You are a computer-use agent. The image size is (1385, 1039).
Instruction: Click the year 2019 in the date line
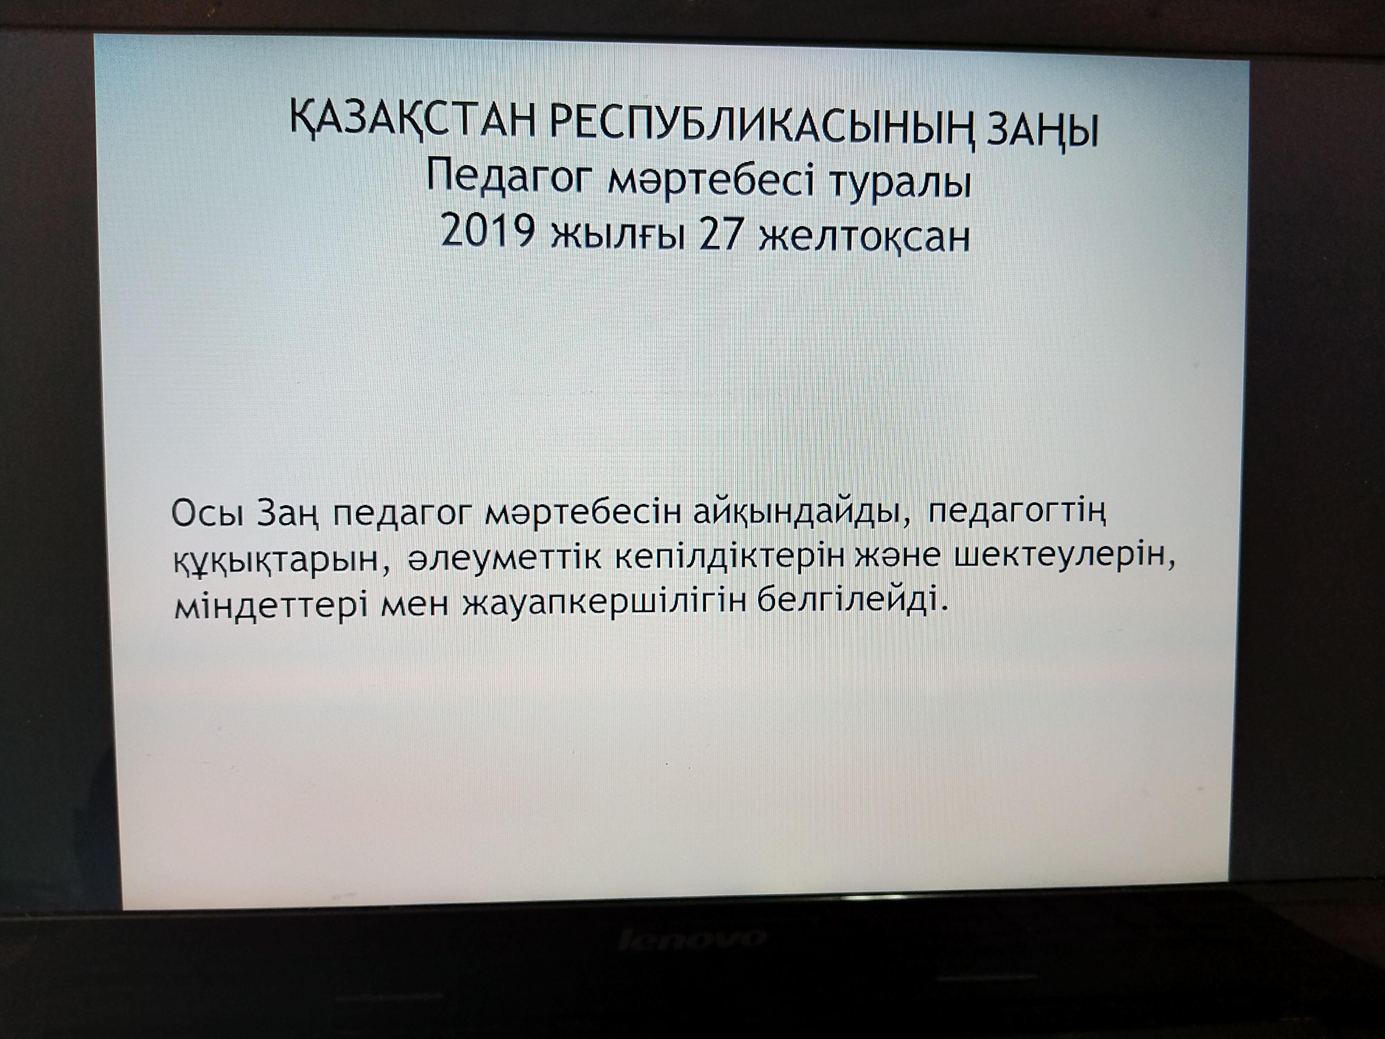[488, 232]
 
